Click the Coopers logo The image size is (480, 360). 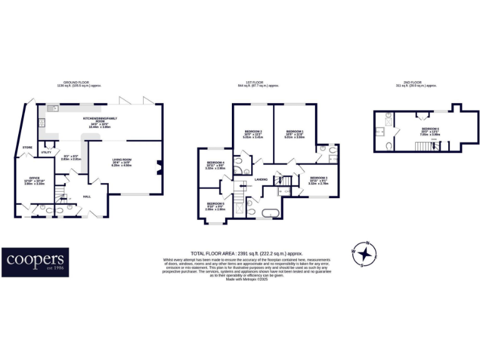(x=35, y=262)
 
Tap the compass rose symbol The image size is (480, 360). (x=365, y=253)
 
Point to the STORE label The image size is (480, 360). (x=27, y=148)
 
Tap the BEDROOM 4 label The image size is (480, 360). (x=215, y=162)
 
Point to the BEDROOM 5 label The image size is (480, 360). (x=215, y=204)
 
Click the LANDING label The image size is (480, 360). (x=261, y=180)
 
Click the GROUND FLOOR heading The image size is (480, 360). (x=78, y=82)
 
